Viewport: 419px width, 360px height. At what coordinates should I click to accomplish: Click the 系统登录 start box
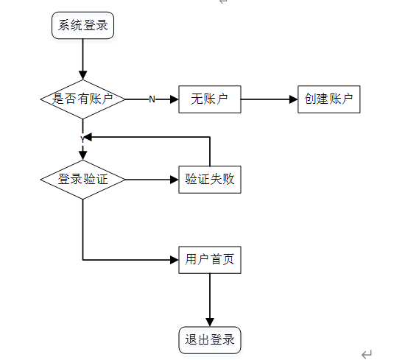[82, 25]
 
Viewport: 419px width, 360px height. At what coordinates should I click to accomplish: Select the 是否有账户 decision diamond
[82, 99]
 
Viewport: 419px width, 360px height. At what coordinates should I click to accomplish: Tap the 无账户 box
[210, 99]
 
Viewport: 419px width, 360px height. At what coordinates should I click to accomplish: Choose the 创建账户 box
[329, 99]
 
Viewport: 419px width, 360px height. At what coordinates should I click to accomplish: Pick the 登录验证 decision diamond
[82, 180]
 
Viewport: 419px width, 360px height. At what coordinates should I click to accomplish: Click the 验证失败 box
[210, 180]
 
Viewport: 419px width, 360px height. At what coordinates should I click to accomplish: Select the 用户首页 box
[210, 260]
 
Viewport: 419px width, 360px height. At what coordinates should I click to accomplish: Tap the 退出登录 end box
[210, 340]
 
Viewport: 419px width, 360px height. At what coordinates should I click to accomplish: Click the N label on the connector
[152, 99]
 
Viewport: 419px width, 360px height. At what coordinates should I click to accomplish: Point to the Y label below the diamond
[82, 139]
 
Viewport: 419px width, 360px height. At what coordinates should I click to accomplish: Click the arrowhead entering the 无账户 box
[175, 99]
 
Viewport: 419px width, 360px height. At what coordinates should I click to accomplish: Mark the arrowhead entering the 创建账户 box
[294, 99]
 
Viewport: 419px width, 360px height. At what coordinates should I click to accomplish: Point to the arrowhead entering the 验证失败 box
[175, 180]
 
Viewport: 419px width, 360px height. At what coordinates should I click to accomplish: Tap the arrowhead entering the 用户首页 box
[175, 260]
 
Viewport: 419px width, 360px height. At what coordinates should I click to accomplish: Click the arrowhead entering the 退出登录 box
[210, 322]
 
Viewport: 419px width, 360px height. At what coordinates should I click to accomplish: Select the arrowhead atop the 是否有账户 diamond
[82, 75]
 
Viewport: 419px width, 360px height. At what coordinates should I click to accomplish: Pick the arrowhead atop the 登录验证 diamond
[82, 155]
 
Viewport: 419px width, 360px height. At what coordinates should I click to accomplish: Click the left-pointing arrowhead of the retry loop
[88, 137]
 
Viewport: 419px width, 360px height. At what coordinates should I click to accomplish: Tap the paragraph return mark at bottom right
[367, 354]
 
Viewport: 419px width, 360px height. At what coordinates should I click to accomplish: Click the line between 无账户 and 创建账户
[265, 99]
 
